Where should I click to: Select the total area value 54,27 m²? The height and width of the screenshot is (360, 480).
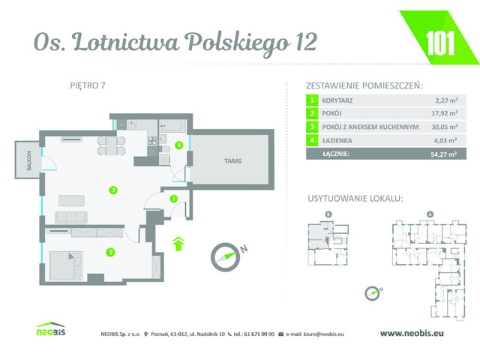point(426,154)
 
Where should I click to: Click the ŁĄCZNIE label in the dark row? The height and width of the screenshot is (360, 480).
point(334,154)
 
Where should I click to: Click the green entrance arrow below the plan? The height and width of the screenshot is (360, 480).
point(178,242)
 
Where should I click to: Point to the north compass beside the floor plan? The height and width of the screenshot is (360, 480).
point(226,253)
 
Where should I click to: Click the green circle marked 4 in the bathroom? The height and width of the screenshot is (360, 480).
point(179,145)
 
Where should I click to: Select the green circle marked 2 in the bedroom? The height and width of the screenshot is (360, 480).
point(110,252)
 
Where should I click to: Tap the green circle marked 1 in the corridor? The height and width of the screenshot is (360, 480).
point(173,199)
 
